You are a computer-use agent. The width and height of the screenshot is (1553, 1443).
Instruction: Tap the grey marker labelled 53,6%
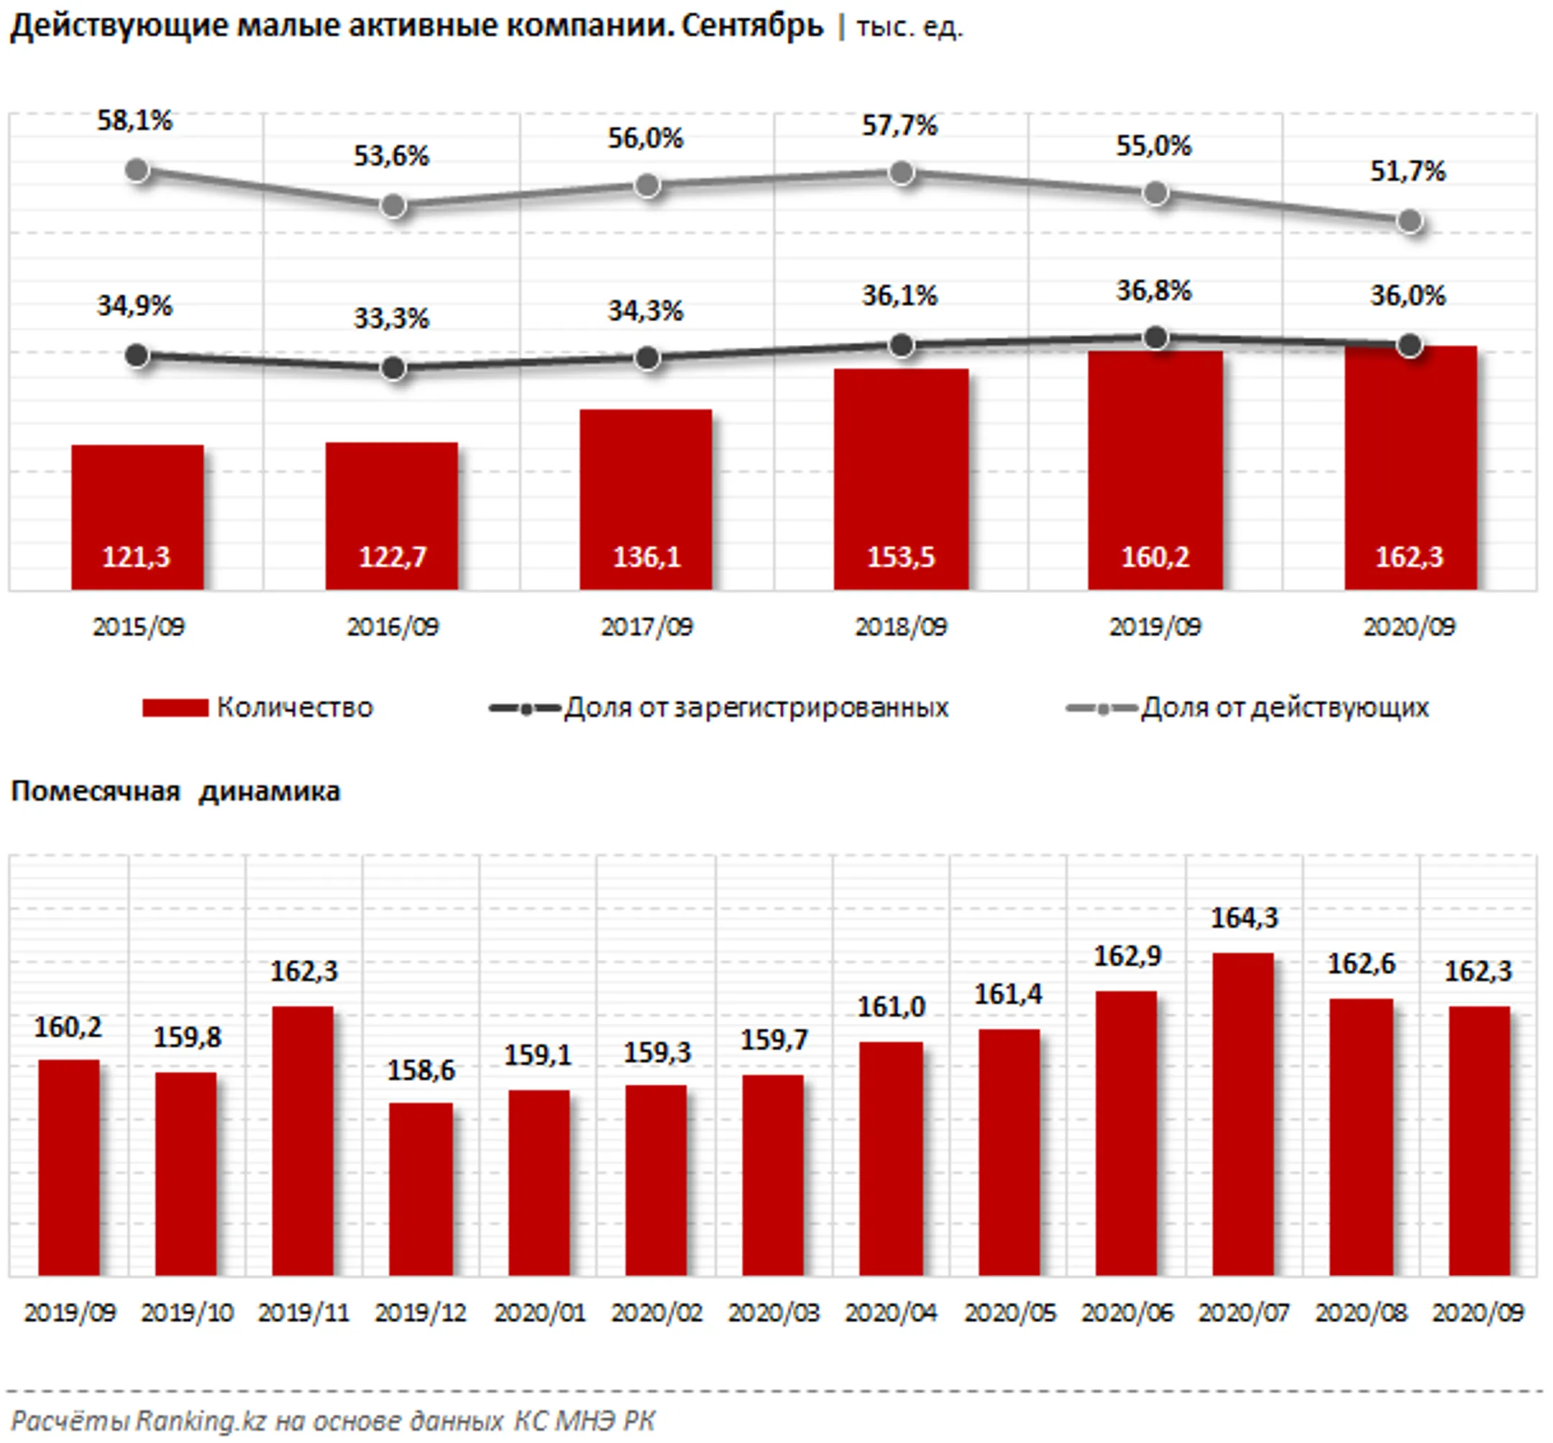393,206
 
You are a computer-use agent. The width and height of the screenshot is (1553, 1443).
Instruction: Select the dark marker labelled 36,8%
1155,338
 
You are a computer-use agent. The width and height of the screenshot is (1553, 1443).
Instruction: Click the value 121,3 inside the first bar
136,557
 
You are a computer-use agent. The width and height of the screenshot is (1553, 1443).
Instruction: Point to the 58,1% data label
134,121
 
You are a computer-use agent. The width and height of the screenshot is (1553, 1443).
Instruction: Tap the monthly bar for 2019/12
421,1190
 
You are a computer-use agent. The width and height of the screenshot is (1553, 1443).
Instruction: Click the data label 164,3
1244,918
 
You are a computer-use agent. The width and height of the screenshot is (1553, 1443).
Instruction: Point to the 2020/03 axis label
774,1313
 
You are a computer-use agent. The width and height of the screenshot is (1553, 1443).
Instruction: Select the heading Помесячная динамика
175,791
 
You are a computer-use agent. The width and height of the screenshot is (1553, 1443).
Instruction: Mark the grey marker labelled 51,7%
1409,222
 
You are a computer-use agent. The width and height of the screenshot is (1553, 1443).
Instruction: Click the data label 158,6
421,1070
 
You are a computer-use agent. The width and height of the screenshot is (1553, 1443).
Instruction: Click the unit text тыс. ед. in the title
910,27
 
